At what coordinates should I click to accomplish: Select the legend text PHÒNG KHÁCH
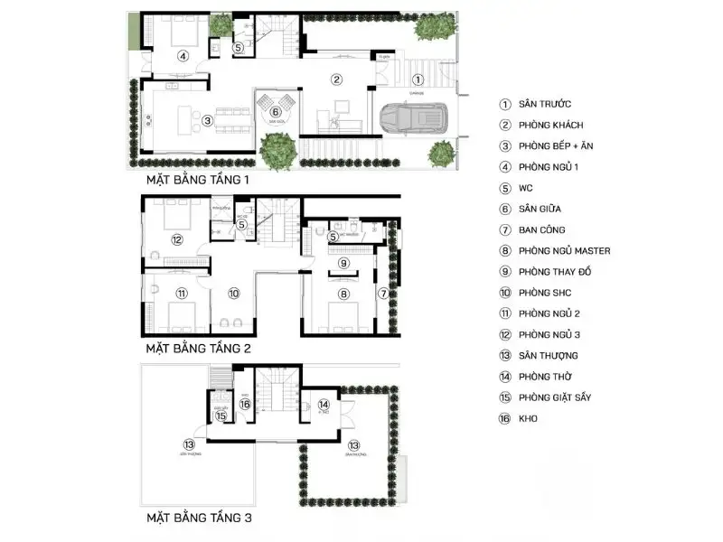[550, 126]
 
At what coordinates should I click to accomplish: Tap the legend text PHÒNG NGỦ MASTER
[565, 250]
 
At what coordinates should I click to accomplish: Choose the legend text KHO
[529, 418]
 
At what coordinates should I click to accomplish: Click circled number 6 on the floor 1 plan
[276, 112]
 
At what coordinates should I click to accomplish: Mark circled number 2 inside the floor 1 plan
[336, 79]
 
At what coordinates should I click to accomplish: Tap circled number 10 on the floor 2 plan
[233, 293]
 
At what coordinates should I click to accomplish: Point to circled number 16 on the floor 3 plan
[245, 405]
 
